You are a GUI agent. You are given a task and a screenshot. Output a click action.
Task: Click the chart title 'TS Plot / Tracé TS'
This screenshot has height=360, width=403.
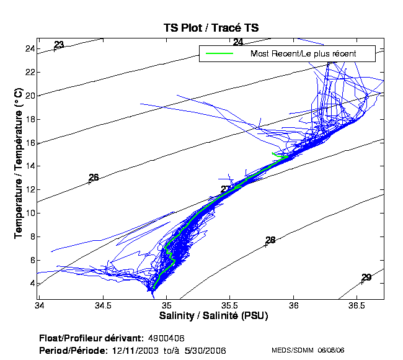pyautogui.click(x=211, y=28)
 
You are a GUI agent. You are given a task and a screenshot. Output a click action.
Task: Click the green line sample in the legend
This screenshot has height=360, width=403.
pyautogui.click(x=219, y=53)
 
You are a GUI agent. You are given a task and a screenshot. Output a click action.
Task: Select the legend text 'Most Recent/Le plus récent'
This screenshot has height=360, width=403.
pyautogui.click(x=303, y=53)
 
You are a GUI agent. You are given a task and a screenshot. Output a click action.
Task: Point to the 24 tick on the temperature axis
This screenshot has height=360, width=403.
pyautogui.click(x=29, y=48)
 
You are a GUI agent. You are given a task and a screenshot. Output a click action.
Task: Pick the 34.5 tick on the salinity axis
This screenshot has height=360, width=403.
pyautogui.click(x=103, y=306)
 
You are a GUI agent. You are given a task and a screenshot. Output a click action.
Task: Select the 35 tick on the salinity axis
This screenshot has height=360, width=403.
pyautogui.click(x=167, y=306)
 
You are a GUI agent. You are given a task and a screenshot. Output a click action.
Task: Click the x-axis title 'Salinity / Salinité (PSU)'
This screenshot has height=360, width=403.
pyautogui.click(x=214, y=315)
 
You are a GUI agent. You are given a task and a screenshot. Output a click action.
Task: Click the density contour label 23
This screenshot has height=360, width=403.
pyautogui.click(x=59, y=45)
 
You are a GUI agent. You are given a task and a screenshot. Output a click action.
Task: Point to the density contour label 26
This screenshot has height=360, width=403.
pyautogui.click(x=94, y=178)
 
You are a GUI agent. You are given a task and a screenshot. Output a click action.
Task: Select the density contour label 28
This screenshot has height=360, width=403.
pyautogui.click(x=270, y=240)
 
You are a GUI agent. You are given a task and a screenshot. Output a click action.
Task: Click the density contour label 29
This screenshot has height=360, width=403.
pyautogui.click(x=366, y=277)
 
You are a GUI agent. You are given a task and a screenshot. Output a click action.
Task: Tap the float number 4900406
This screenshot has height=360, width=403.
pyautogui.click(x=166, y=338)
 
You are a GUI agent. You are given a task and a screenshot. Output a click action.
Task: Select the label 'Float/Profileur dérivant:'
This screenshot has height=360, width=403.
pyautogui.click(x=92, y=338)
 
